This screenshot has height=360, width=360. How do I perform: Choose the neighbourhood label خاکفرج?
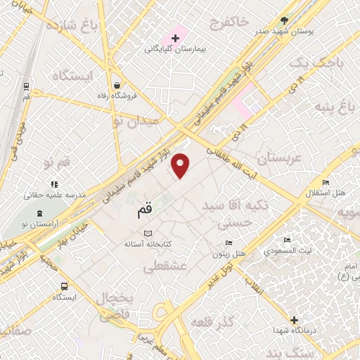click(229, 23)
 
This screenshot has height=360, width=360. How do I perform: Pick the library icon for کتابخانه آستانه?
click(148, 233)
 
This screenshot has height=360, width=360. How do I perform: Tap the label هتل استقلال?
click(328, 192)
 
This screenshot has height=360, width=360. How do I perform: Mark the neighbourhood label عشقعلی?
click(164, 266)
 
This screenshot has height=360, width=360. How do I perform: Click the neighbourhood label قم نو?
click(57, 162)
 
